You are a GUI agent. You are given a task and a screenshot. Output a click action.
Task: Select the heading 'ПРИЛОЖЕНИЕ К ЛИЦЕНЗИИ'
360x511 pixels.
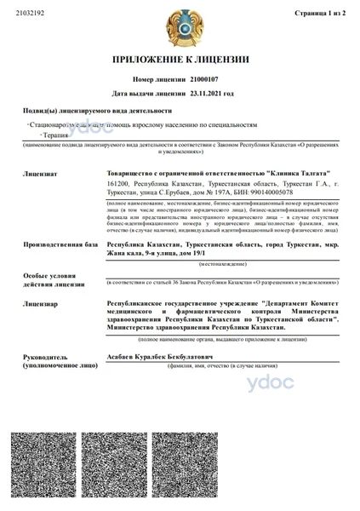[180, 60]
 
